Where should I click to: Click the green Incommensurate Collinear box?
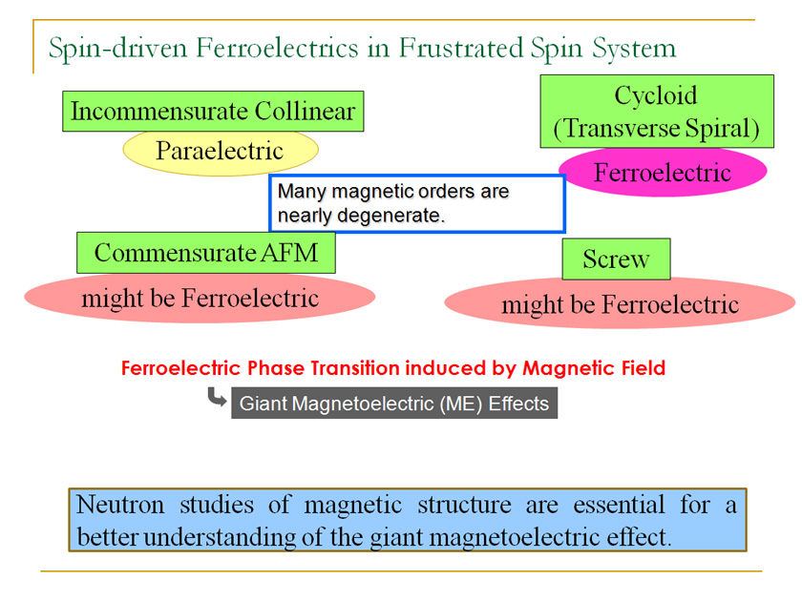(213, 112)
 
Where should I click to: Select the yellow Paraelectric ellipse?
(220, 151)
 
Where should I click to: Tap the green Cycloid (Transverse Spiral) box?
(656, 112)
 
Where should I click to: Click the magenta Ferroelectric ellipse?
(663, 174)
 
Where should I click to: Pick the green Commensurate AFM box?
(205, 253)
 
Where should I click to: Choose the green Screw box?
(616, 259)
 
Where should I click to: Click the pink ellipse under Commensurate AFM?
(200, 299)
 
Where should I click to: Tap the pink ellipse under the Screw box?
(620, 304)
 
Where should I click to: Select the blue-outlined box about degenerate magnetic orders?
(417, 203)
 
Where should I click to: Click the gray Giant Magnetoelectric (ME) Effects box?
(393, 404)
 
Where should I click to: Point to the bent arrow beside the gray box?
(217, 399)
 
